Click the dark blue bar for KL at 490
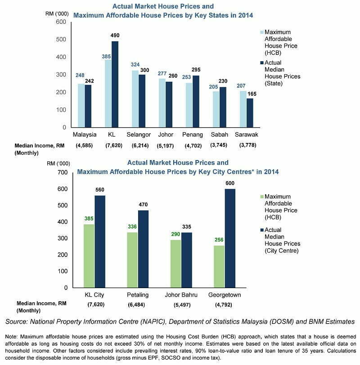[x=115, y=84]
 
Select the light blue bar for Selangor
[x=135, y=99]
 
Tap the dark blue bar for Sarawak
[x=250, y=113]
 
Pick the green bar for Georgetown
[x=219, y=267]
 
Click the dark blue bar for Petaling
[x=143, y=249]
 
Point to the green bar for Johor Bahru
[x=175, y=264]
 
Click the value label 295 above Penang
[x=196, y=70]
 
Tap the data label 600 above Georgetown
[x=230, y=183]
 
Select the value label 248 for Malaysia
[x=80, y=75]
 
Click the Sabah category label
[x=220, y=134]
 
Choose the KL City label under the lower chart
[x=94, y=295]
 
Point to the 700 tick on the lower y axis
[x=62, y=173]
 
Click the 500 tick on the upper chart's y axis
[x=61, y=40]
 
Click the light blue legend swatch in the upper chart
[x=262, y=32]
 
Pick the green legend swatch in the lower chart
[x=262, y=197]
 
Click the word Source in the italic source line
[x=16, y=322]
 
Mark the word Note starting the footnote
[x=11, y=337]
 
